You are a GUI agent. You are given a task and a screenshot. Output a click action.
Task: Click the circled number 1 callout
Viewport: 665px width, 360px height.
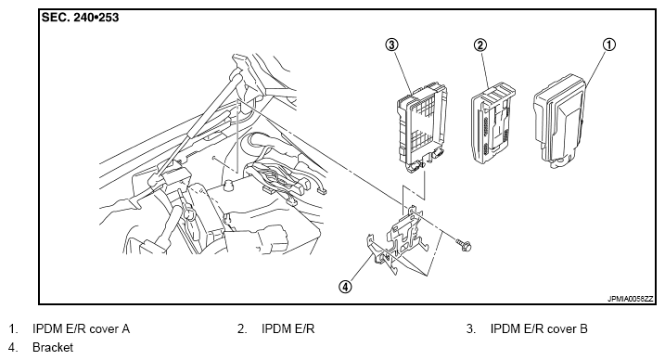point(608,45)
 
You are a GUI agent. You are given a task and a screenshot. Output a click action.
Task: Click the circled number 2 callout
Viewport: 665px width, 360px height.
point(480,45)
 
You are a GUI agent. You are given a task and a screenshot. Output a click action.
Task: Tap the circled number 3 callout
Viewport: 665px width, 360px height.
point(391,45)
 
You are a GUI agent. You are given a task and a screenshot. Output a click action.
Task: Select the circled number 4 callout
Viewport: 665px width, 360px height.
point(345,287)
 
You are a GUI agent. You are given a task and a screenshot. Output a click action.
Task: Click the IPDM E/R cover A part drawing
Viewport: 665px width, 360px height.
point(560,122)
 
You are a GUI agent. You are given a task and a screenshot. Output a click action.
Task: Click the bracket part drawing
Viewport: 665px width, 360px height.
point(398,240)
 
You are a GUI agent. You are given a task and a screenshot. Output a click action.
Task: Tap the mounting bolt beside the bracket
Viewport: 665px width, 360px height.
point(464,245)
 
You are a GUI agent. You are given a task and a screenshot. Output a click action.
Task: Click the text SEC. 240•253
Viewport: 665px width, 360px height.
point(80,18)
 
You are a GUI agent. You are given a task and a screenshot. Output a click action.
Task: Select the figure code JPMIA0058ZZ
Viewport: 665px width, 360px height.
point(631,299)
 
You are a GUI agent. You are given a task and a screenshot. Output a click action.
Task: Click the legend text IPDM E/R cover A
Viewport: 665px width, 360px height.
point(81,329)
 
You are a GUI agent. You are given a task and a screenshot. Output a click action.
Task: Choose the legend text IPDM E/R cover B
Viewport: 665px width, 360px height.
point(539,329)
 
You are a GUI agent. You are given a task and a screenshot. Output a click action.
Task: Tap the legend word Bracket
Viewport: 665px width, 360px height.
point(53,347)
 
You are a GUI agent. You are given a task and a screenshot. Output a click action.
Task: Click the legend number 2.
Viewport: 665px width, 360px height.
point(242,329)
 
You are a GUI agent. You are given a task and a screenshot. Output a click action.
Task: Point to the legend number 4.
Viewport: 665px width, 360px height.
point(13,347)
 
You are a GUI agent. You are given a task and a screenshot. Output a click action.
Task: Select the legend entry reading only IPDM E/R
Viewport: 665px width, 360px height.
point(288,329)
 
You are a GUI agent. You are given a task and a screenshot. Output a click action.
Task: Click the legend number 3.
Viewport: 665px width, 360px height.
point(471,329)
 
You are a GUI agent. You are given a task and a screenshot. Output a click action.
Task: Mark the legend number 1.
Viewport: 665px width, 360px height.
point(13,329)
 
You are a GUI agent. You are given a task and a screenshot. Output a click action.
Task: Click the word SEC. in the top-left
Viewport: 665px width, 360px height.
point(55,18)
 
